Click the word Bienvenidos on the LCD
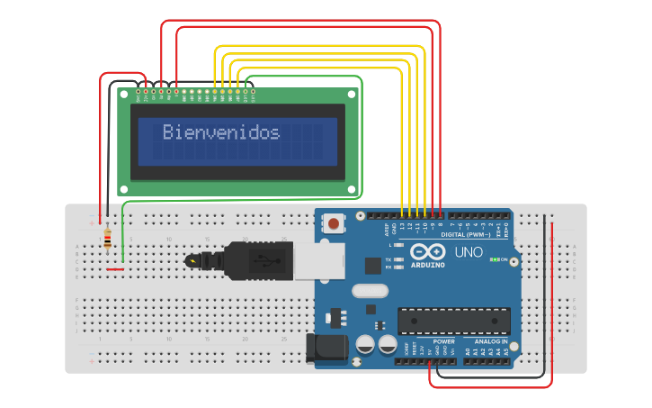coord(221,132)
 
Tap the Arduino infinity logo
coord(427,251)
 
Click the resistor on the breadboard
coord(108,239)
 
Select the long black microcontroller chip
coord(454,322)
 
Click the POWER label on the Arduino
coord(443,342)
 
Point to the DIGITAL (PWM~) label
coord(466,234)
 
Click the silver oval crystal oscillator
coord(370,291)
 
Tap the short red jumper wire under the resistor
coord(115,268)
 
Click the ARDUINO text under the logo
coord(428,265)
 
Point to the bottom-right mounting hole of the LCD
coord(352,188)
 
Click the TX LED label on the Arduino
coord(389,258)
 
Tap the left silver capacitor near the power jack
coord(366,344)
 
